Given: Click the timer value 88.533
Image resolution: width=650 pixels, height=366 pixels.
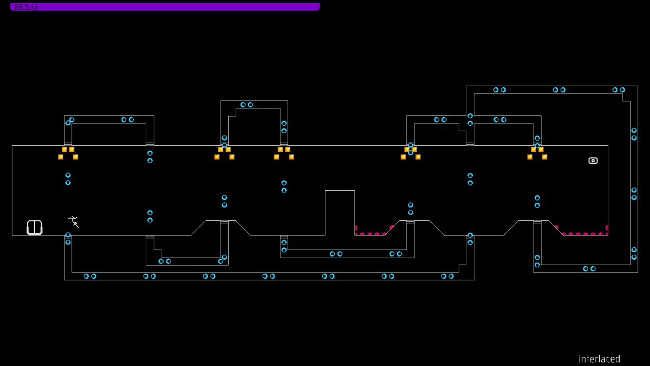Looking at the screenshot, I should click(26, 7).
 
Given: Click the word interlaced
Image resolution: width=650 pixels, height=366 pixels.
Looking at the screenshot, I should click(599, 359).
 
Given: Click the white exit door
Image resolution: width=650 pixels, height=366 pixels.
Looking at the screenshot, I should click(35, 228).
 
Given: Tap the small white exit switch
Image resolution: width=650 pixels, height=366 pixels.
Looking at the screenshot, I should click(593, 160).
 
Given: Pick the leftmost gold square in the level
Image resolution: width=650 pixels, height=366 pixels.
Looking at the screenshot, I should click(61, 157).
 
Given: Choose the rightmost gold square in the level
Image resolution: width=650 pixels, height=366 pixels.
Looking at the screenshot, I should click(544, 157).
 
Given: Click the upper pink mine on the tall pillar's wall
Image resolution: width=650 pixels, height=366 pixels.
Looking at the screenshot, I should click(356, 228).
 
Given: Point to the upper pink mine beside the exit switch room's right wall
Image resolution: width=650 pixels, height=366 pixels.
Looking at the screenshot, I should click(607, 228).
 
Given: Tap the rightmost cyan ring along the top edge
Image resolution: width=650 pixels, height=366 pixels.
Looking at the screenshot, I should click(622, 90).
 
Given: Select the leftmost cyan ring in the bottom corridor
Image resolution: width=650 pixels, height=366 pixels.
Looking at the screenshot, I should click(86, 277).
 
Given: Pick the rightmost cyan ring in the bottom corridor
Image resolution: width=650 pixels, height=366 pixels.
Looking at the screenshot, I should click(451, 277).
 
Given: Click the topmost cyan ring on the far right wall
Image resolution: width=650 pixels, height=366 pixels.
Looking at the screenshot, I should click(634, 131).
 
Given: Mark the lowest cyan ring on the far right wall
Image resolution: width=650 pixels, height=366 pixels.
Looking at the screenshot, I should click(634, 258).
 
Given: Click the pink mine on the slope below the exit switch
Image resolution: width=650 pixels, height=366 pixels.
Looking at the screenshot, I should click(556, 227).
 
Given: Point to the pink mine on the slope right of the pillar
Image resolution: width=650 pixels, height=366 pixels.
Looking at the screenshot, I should click(391, 227).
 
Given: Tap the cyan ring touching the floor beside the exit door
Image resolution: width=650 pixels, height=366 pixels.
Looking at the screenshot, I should click(68, 235).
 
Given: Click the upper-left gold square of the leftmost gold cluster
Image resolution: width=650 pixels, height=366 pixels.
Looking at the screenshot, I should click(64, 149).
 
